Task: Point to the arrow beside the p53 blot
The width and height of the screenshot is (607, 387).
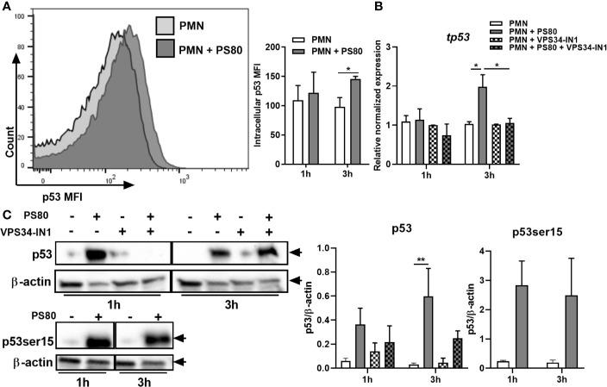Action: click(x=297, y=253)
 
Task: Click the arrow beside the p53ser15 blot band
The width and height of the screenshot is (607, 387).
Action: click(x=182, y=340)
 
